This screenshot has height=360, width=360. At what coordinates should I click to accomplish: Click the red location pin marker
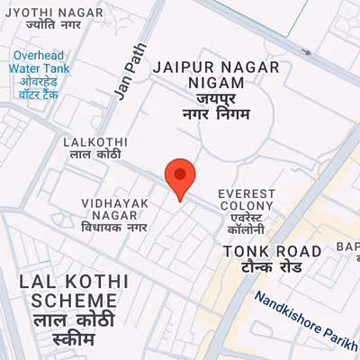pyautogui.click(x=180, y=177)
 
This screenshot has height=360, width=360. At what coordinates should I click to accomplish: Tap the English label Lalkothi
pyautogui.click(x=94, y=142)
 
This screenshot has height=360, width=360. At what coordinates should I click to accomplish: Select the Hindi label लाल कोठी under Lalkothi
pyautogui.click(x=94, y=157)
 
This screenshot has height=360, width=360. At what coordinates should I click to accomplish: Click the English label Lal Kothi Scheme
pyautogui.click(x=67, y=290)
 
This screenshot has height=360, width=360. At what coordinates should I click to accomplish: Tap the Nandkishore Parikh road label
pyautogui.click(x=305, y=321)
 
